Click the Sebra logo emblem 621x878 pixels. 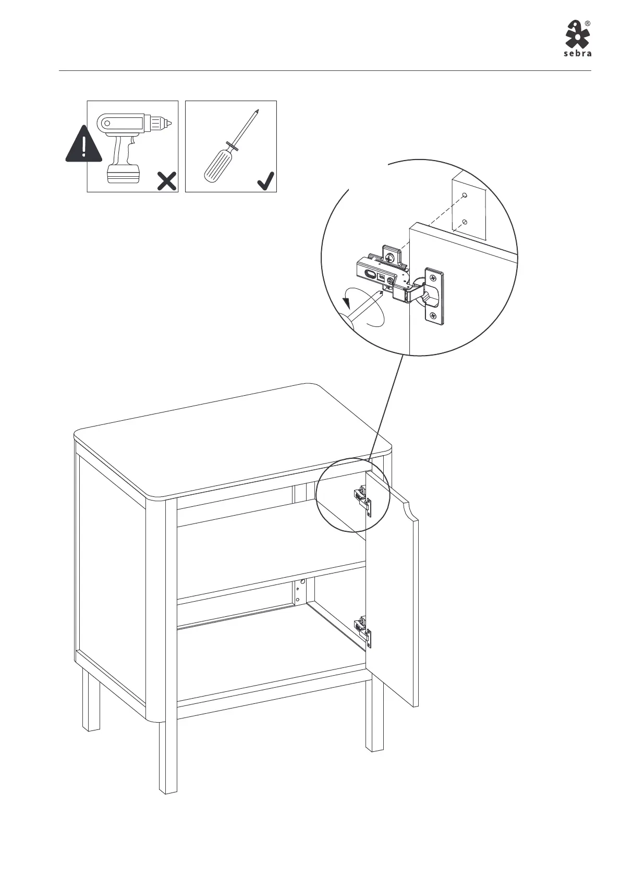[577, 34]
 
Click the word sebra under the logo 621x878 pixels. [577, 53]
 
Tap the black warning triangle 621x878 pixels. [83, 144]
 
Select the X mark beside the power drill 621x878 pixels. [166, 181]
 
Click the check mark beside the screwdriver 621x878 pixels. [265, 181]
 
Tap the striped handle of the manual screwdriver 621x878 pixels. [215, 165]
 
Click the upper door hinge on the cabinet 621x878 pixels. [363, 499]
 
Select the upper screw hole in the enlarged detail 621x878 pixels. [465, 196]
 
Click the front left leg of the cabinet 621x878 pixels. [168, 756]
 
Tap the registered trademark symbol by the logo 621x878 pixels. [587, 23]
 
